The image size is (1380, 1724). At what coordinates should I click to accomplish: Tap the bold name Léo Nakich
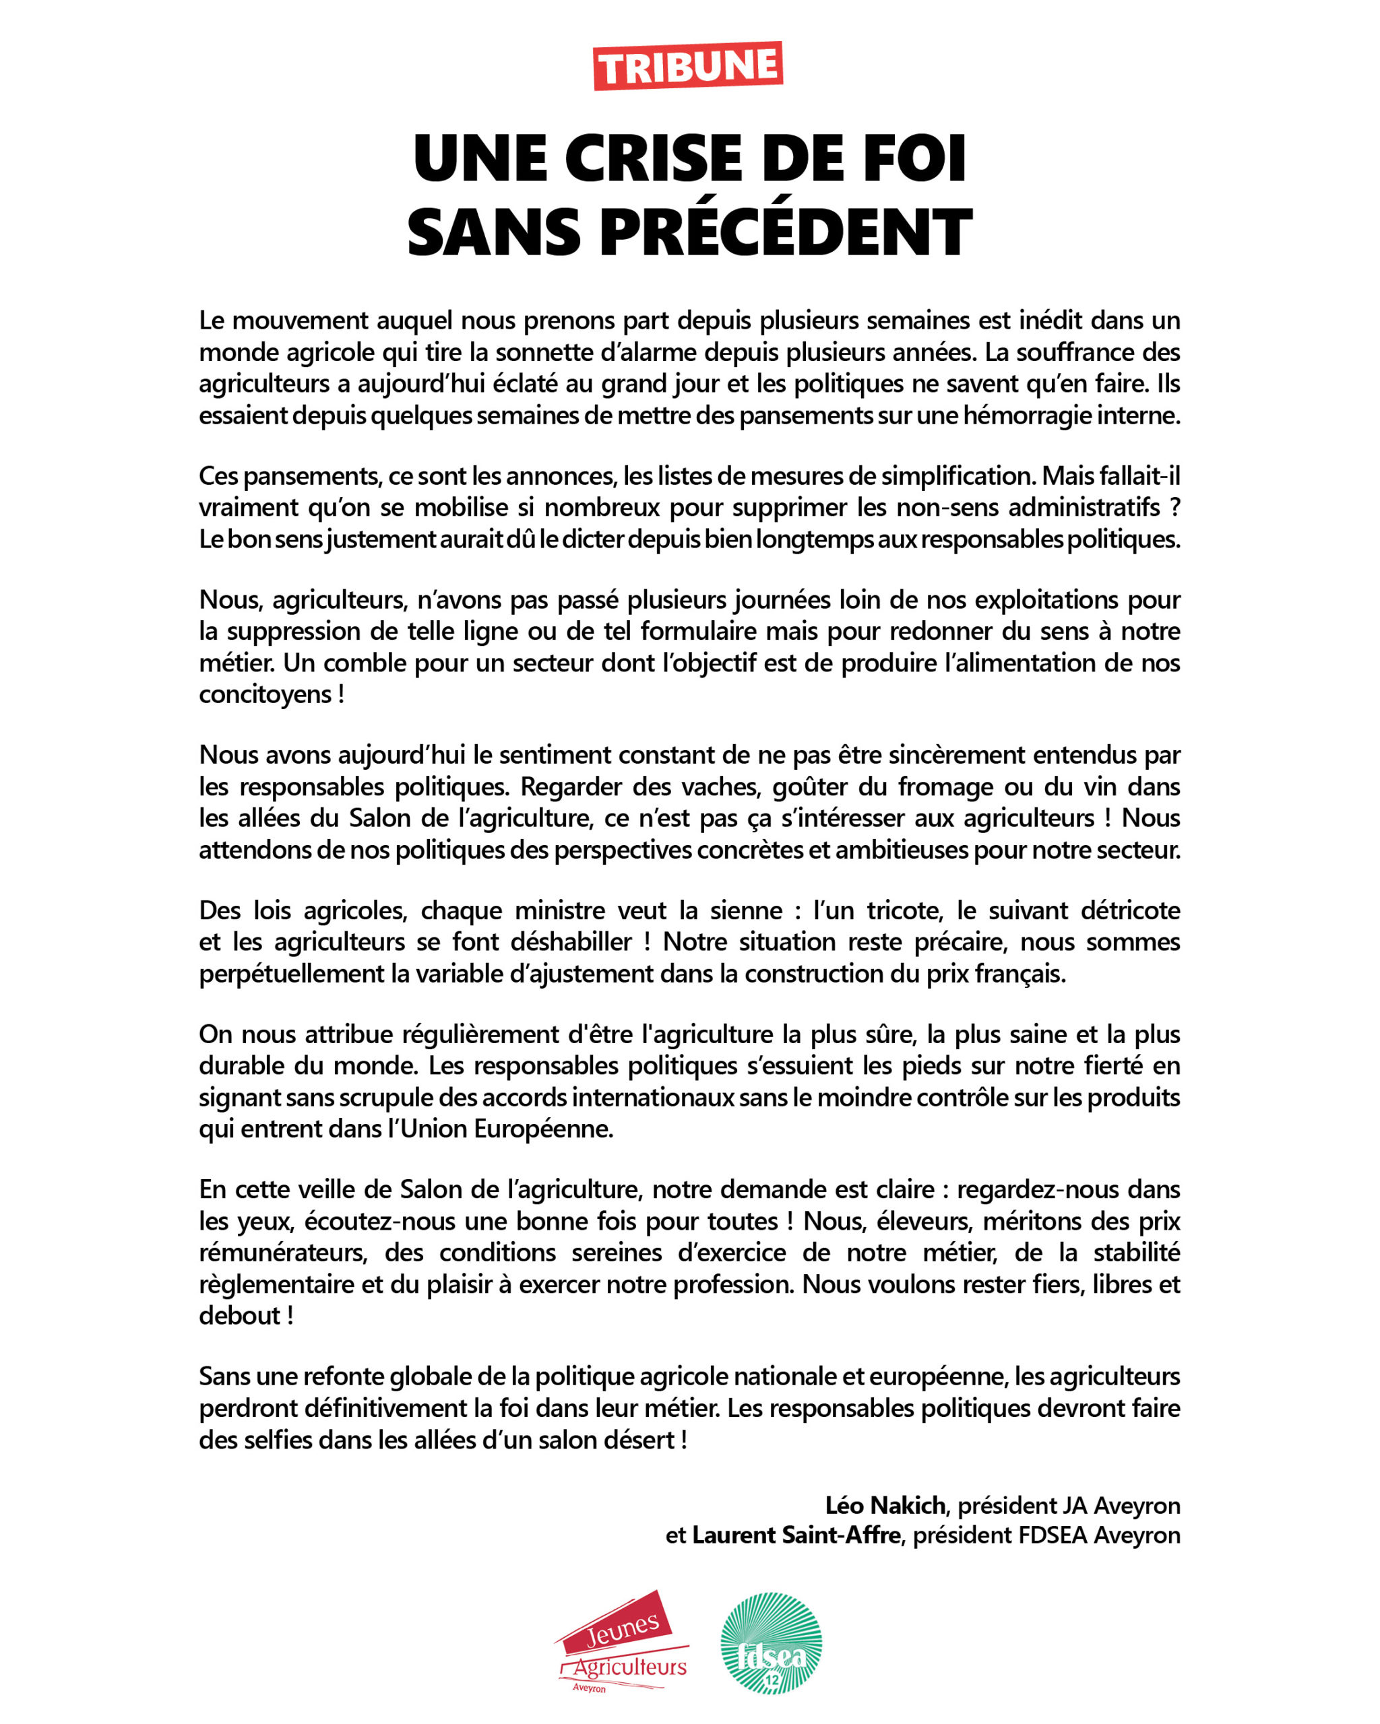point(885,1506)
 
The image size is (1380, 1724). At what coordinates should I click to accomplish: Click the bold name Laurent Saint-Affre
point(796,1535)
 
